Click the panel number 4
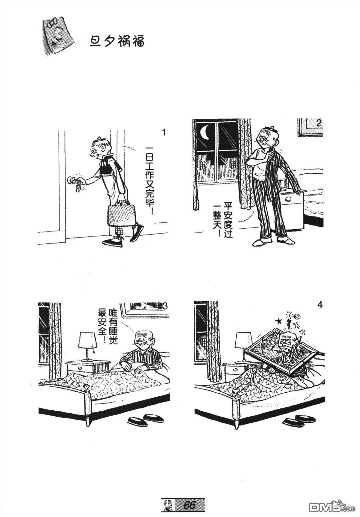point(320,305)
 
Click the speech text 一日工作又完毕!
point(149,180)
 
